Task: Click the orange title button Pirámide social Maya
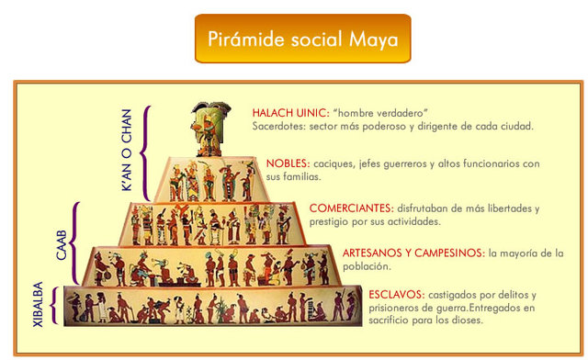click(x=302, y=39)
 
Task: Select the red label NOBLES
click(x=288, y=163)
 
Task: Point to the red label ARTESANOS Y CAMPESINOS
click(x=413, y=253)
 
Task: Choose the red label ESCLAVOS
click(x=396, y=295)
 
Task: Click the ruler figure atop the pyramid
click(x=209, y=128)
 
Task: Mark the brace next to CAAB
click(x=77, y=242)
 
